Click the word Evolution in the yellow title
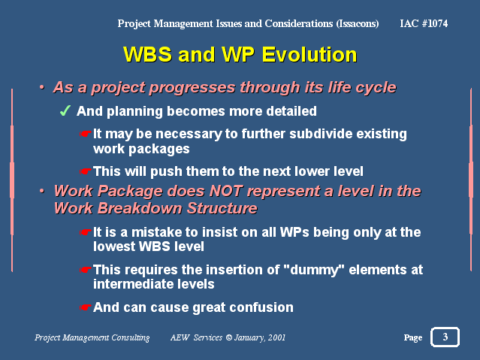[309, 55]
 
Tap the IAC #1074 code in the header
[424, 23]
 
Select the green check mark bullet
[65, 111]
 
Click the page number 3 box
[445, 337]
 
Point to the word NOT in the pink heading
[226, 191]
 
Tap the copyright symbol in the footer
[228, 337]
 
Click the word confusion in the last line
[261, 307]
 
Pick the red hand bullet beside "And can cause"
[85, 307]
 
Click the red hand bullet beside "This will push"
[85, 171]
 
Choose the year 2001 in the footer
[276, 337]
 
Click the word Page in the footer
[413, 337]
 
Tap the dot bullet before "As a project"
[41, 88]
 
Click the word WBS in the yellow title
[147, 55]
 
